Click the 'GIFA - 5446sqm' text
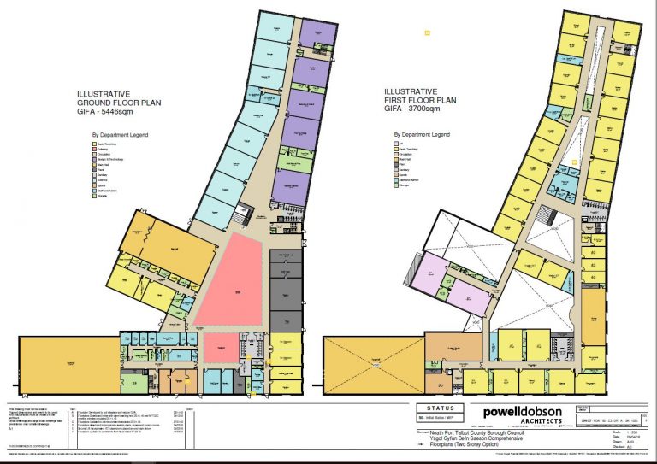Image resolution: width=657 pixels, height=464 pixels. tap(119, 111)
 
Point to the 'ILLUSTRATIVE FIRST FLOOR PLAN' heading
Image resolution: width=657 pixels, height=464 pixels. tap(420, 95)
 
